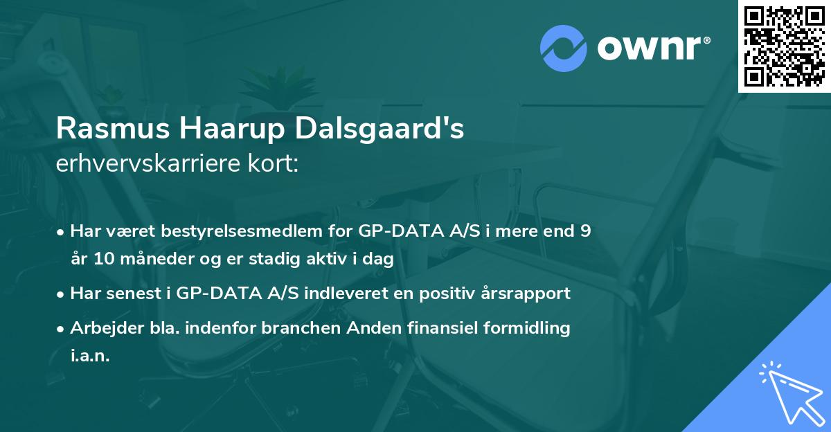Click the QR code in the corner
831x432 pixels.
[x=785, y=46]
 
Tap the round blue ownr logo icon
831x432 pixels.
[x=563, y=48]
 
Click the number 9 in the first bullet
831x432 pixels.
[x=585, y=231]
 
